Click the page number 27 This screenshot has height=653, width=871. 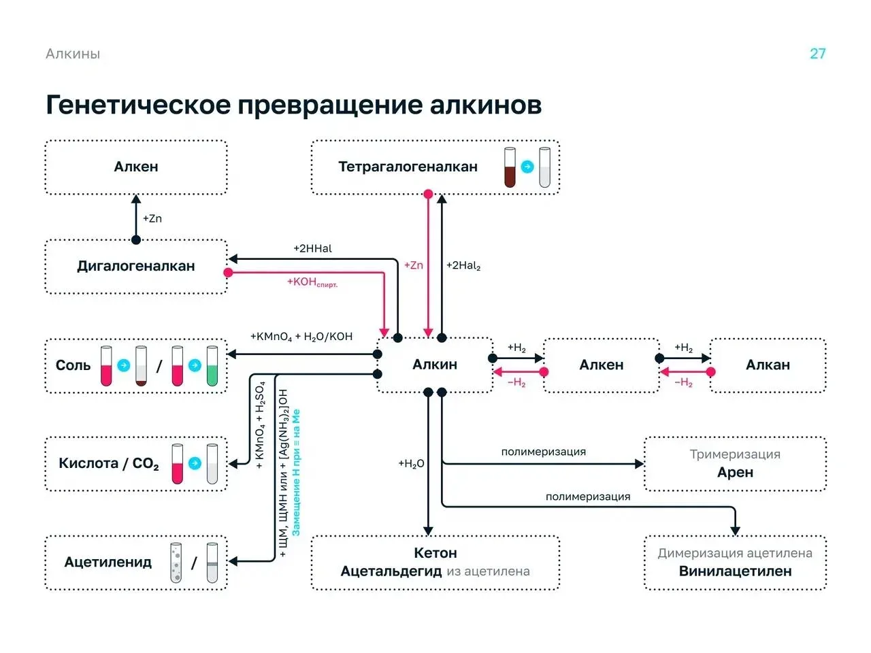click(x=817, y=54)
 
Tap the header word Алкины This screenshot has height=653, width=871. click(x=73, y=54)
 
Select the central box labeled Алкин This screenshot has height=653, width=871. click(x=435, y=365)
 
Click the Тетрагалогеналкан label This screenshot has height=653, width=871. click(x=408, y=167)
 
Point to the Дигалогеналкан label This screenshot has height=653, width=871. click(x=135, y=266)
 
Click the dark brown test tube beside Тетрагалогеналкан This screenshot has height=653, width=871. click(x=510, y=167)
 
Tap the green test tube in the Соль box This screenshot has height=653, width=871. click(x=212, y=365)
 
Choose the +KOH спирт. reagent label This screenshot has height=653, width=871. click(x=312, y=282)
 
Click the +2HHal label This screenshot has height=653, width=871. click(x=312, y=248)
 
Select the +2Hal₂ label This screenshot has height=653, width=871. click(x=463, y=266)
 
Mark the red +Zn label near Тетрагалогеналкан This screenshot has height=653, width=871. click(x=414, y=265)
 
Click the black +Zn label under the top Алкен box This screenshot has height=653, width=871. click(x=152, y=218)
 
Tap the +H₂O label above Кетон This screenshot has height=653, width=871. click(x=411, y=463)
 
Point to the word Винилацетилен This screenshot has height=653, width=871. click(x=735, y=571)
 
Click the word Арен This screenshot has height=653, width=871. click(x=735, y=472)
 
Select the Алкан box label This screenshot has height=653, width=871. click(x=768, y=365)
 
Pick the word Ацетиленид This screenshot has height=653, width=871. click(x=108, y=562)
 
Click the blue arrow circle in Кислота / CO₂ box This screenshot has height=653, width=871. click(x=195, y=463)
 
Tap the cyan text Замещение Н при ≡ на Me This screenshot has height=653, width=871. click(x=296, y=473)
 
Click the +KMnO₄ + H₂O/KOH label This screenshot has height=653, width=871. click(x=301, y=337)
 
